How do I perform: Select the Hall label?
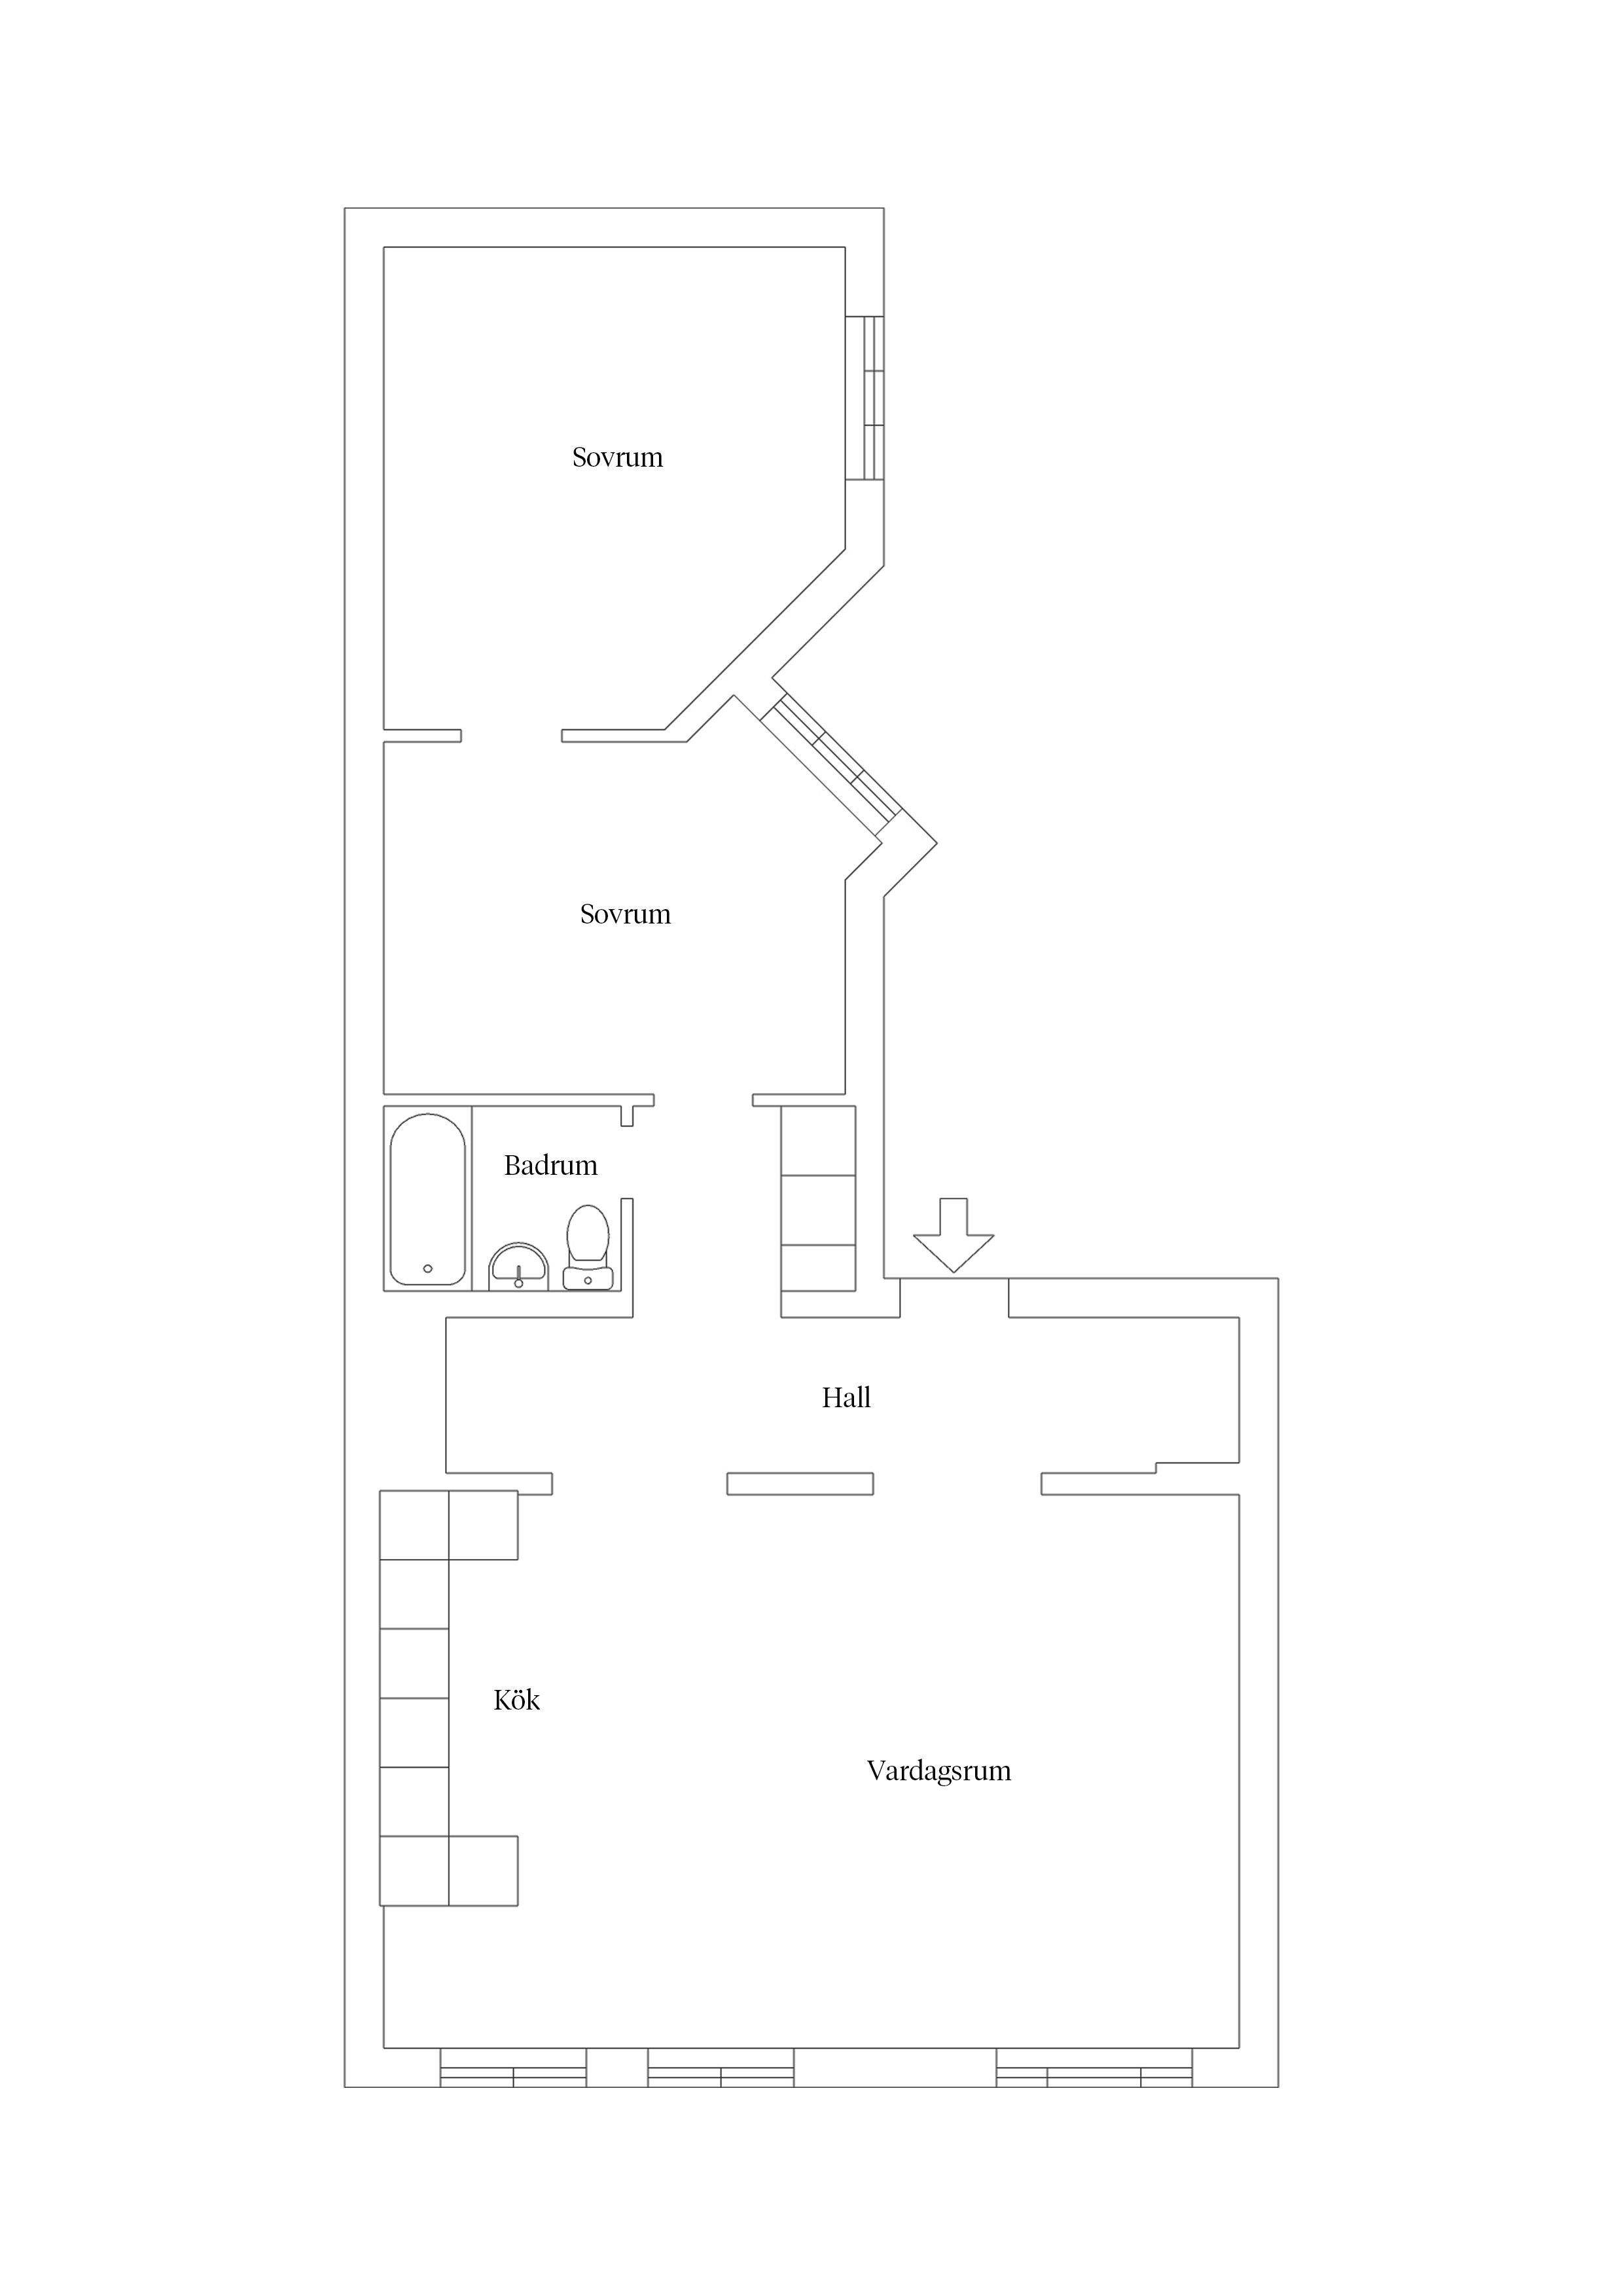(846, 1398)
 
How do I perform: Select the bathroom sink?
(518, 1268)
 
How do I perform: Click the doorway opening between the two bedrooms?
(511, 736)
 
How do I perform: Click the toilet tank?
(588, 1278)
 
